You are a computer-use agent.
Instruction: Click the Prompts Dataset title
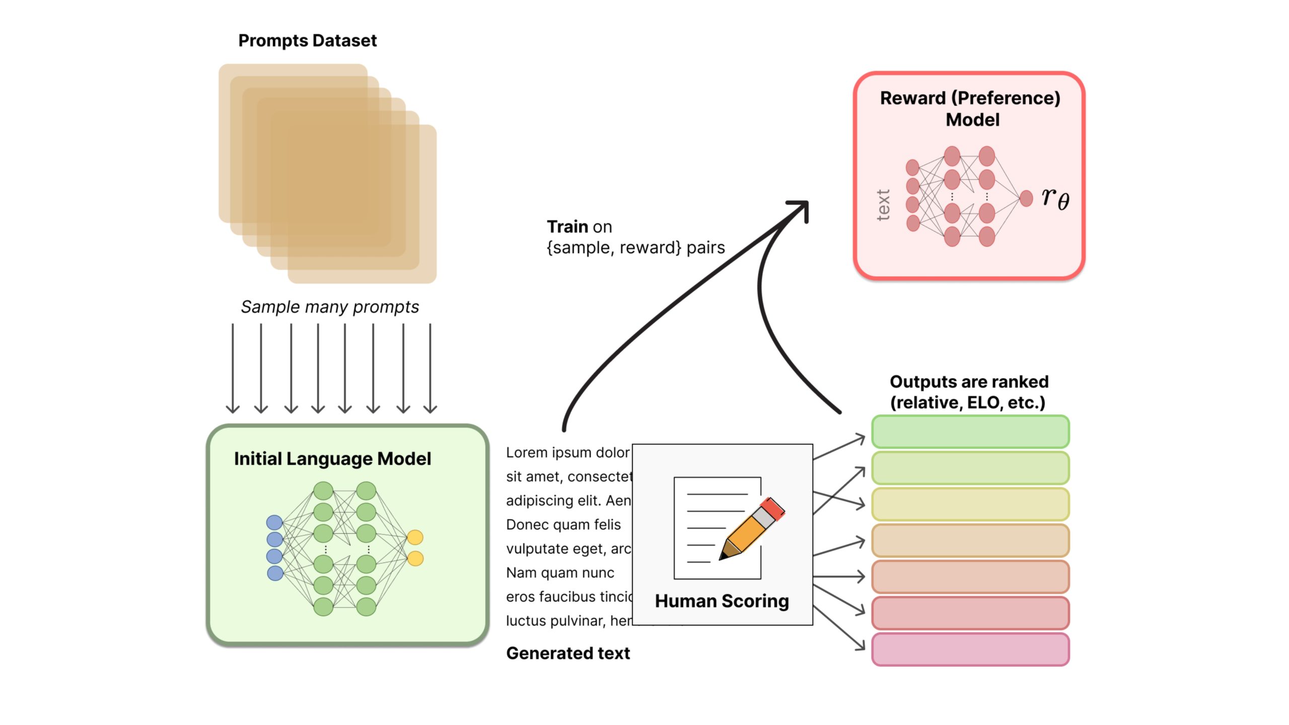pyautogui.click(x=307, y=41)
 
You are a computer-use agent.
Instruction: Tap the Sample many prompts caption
pyautogui.click(x=329, y=307)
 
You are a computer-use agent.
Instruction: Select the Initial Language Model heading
pyautogui.click(x=332, y=459)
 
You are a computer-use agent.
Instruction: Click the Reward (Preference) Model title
pyautogui.click(x=970, y=108)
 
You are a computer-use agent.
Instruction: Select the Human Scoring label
pyautogui.click(x=722, y=601)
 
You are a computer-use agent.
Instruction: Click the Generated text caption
pyautogui.click(x=568, y=653)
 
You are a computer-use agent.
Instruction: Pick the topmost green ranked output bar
pyautogui.click(x=970, y=431)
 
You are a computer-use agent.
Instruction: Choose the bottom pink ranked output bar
pyautogui.click(x=970, y=649)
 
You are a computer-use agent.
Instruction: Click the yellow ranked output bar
pyautogui.click(x=970, y=504)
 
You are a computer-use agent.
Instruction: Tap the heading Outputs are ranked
pyautogui.click(x=969, y=382)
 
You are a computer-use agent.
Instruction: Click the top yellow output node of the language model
pyautogui.click(x=415, y=537)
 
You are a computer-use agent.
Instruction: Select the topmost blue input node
pyautogui.click(x=274, y=523)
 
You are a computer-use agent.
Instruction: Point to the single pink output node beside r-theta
pyautogui.click(x=1026, y=198)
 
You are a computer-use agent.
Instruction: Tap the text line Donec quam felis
pyautogui.click(x=563, y=525)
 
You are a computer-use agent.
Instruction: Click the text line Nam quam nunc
pyautogui.click(x=560, y=573)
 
